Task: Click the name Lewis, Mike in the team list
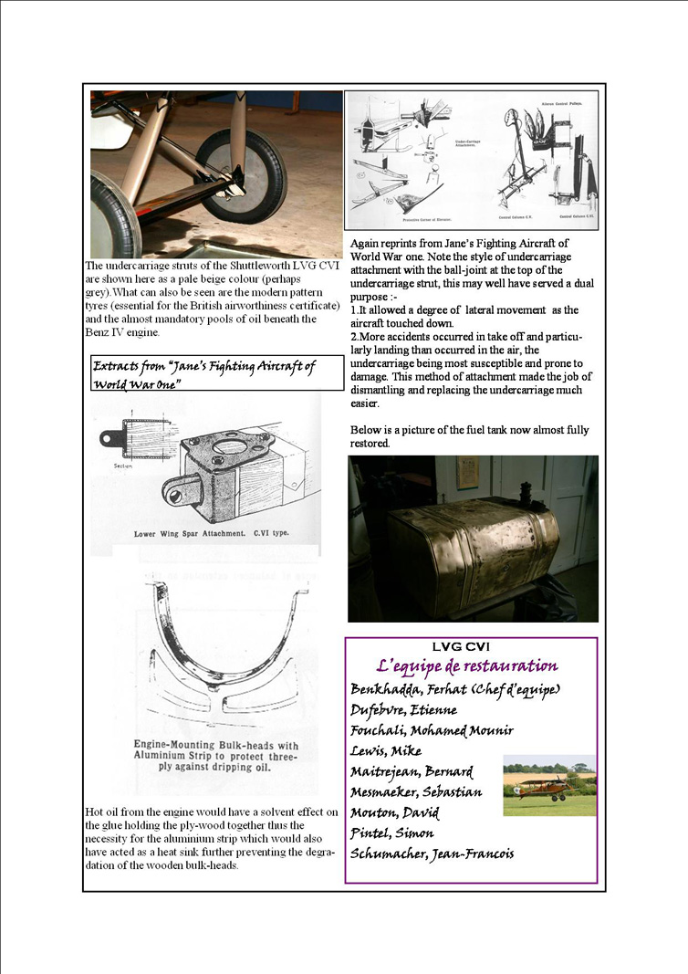click(x=386, y=751)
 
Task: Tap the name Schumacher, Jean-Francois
click(x=432, y=854)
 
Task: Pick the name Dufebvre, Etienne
click(x=403, y=710)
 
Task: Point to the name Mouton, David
click(x=394, y=812)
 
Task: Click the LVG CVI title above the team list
click(x=471, y=646)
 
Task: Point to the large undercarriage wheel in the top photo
click(x=241, y=174)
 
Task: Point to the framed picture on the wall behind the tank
click(x=468, y=473)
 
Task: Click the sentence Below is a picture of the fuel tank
click(x=469, y=436)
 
